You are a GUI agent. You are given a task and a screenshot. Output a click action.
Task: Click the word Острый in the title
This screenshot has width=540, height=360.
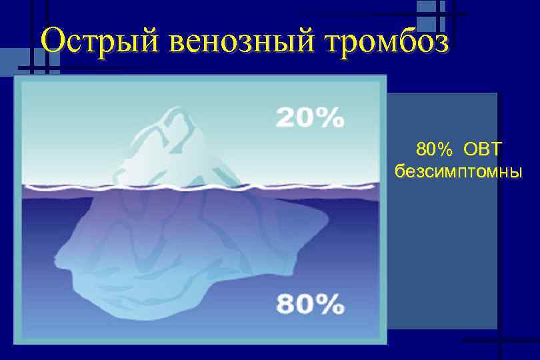coord(99,41)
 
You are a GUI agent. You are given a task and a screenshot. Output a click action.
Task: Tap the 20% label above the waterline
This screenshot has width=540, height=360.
coord(310,117)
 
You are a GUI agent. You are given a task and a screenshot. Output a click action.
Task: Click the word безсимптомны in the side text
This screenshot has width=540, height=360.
coord(459,171)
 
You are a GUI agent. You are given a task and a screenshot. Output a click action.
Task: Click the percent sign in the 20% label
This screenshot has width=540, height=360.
coord(332,117)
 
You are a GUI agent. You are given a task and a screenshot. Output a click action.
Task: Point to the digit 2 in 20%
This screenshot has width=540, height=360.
coord(287,117)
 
